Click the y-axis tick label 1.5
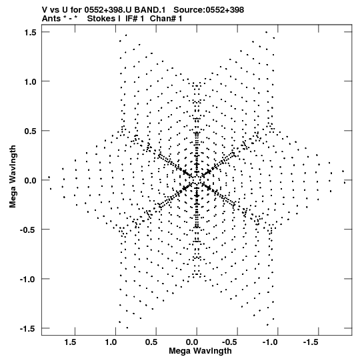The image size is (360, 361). point(31,33)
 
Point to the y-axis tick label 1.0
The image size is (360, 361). point(31,81)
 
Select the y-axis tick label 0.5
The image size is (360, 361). point(31,131)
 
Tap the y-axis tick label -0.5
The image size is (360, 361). point(28,230)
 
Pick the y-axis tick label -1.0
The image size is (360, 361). point(28,280)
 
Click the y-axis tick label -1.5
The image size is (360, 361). point(28,328)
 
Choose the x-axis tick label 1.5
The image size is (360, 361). point(71,342)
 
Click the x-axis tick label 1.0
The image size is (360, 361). point(111,342)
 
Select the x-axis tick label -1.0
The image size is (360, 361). point(269,342)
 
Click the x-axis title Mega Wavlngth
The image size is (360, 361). point(200,352)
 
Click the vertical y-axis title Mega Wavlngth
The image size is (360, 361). point(13,177)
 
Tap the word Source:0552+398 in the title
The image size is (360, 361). point(209,10)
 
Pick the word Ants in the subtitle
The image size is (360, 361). point(52,19)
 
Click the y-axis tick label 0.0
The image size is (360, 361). point(31,180)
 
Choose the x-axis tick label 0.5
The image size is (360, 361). point(151,342)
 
